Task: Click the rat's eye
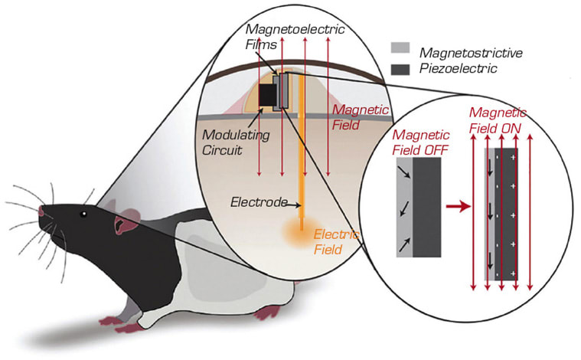click(84, 214)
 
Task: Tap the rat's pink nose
click(41, 211)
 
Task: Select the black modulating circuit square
click(268, 95)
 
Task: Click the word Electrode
click(259, 202)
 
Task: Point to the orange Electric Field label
click(335, 242)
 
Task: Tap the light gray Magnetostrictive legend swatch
click(400, 47)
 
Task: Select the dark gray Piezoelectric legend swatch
click(400, 70)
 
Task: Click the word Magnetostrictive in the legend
click(471, 53)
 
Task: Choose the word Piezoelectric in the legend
click(458, 69)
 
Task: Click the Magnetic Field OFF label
click(420, 142)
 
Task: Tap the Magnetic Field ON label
click(497, 120)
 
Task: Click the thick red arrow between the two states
click(458, 207)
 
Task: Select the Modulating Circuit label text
click(236, 142)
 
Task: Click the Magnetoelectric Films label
click(295, 37)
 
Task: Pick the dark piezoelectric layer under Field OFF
click(427, 208)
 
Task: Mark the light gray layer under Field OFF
click(405, 208)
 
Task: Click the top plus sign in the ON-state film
click(513, 157)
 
